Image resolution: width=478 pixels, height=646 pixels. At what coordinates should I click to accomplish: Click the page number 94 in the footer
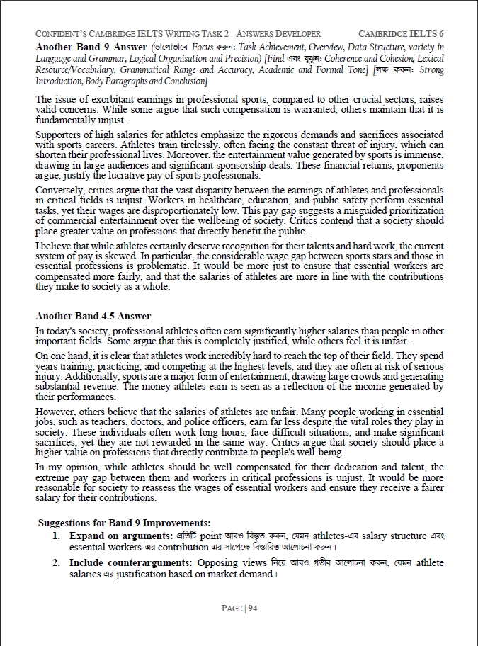coord(251,608)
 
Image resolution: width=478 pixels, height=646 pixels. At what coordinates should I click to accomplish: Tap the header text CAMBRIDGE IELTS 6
coord(402,33)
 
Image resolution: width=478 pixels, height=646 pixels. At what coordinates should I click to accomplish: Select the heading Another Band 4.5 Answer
coord(93,316)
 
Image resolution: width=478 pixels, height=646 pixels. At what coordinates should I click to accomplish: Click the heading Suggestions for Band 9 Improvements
coord(124,522)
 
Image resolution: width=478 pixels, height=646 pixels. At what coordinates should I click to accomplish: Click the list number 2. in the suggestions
coord(56,563)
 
